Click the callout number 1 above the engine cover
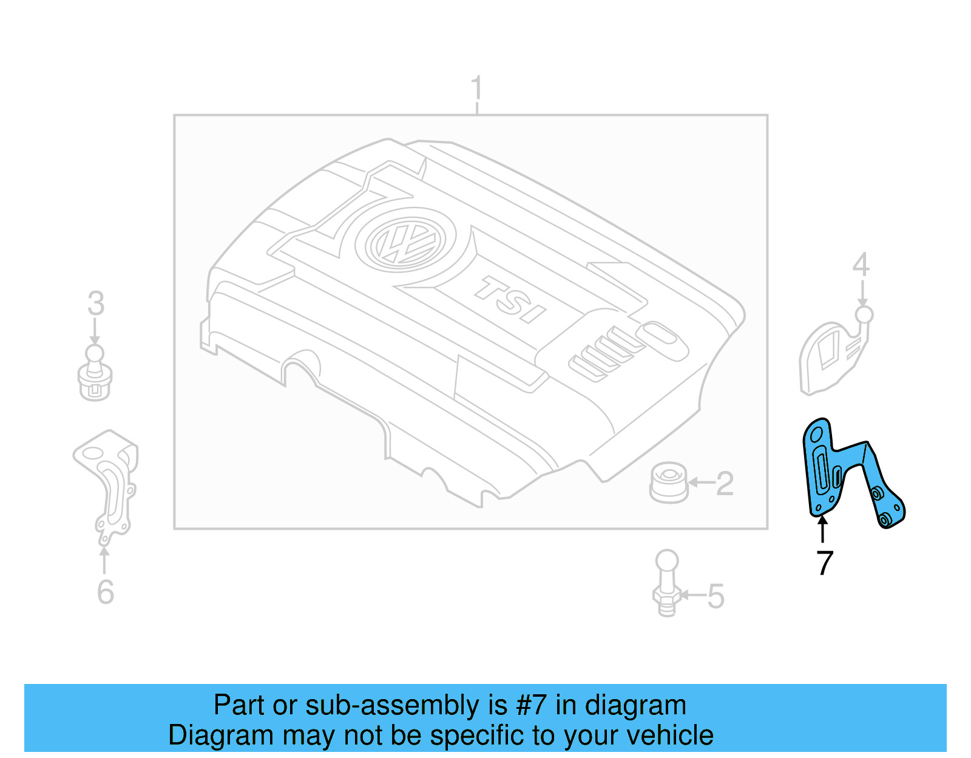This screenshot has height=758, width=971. coord(477,89)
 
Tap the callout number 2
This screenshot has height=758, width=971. coord(725,484)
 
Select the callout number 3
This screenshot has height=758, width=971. coord(96,303)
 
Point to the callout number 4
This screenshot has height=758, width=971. coord(861,265)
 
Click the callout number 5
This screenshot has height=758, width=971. coord(716,596)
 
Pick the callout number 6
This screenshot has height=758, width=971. coord(105,592)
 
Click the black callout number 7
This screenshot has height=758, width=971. coord(824,563)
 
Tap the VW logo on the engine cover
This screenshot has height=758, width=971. coord(405,242)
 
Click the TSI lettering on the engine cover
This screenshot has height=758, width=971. coord(510,299)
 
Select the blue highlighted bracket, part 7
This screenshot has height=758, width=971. coord(825,473)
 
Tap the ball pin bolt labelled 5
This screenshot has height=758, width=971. coord(667,583)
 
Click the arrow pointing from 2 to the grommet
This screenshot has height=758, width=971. coord(702,483)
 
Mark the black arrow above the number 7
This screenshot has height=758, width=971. coord(822,527)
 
